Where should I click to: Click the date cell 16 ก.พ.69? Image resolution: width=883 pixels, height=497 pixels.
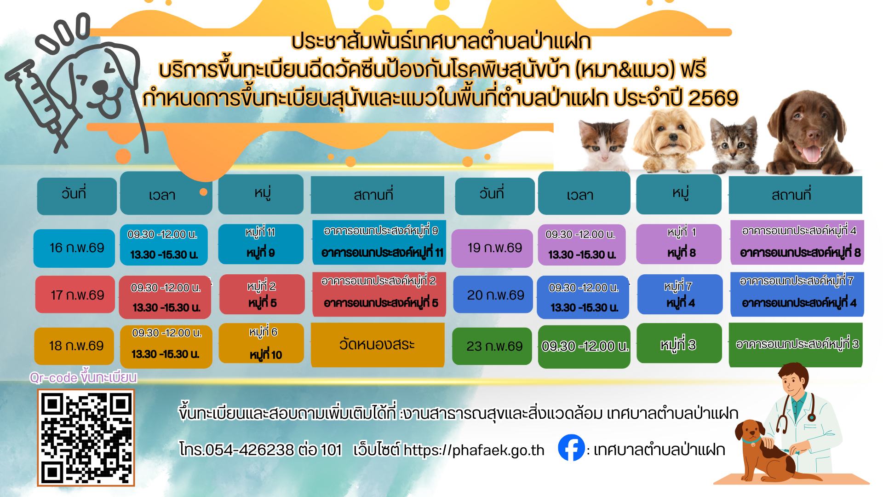pyautogui.click(x=74, y=248)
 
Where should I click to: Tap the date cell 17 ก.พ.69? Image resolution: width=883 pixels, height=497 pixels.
pyautogui.click(x=75, y=295)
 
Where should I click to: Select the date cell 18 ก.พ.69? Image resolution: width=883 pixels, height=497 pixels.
pyautogui.click(x=74, y=346)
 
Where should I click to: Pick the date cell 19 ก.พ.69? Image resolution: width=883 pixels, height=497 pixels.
pyautogui.click(x=492, y=248)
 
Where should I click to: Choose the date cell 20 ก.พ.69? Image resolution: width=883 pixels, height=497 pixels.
pyautogui.click(x=493, y=295)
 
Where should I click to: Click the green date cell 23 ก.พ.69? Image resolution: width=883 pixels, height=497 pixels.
pyautogui.click(x=492, y=346)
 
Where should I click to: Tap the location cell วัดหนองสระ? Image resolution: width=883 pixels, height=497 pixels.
pyautogui.click(x=378, y=345)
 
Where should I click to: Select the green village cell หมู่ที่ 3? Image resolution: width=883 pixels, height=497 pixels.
pyautogui.click(x=679, y=343)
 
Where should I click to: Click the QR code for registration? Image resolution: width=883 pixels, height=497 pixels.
pyautogui.click(x=86, y=438)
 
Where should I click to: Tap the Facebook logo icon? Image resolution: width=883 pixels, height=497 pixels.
pyautogui.click(x=571, y=448)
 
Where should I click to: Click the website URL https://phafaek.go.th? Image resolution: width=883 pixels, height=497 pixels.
pyautogui.click(x=474, y=450)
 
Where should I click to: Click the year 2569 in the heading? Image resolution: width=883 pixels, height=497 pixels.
pyautogui.click(x=713, y=98)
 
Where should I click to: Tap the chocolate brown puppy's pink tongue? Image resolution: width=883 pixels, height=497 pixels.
pyautogui.click(x=811, y=153)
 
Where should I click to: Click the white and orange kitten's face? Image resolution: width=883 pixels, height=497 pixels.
pyautogui.click(x=603, y=142)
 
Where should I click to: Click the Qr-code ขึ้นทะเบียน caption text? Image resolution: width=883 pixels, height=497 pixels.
pyautogui.click(x=83, y=377)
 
